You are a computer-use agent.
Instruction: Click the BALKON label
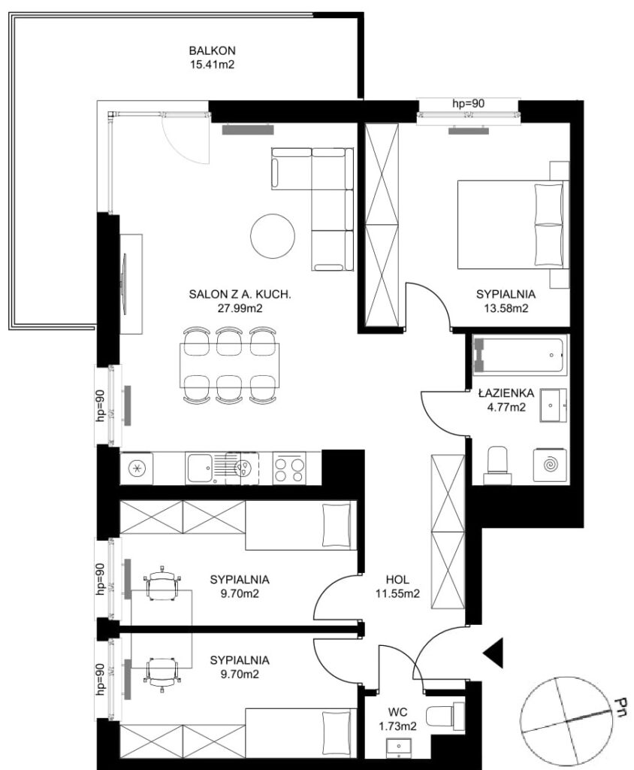[212, 50]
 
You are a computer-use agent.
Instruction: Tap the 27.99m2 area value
[240, 308]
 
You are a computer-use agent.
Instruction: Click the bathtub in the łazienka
[520, 355]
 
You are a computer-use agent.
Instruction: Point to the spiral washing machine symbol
[550, 465]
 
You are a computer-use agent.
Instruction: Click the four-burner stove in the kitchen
[289, 468]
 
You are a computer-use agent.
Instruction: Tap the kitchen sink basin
[199, 468]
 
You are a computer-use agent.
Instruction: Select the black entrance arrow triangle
[494, 653]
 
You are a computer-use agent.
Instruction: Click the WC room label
[397, 712]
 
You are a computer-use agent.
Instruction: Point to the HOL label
[397, 580]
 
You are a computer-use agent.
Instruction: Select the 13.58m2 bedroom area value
[506, 308]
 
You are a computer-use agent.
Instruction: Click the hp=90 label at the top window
[468, 104]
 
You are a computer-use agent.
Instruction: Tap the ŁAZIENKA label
[506, 393]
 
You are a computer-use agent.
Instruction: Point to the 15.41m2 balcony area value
[212, 65]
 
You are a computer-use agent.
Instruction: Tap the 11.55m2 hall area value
[397, 594]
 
